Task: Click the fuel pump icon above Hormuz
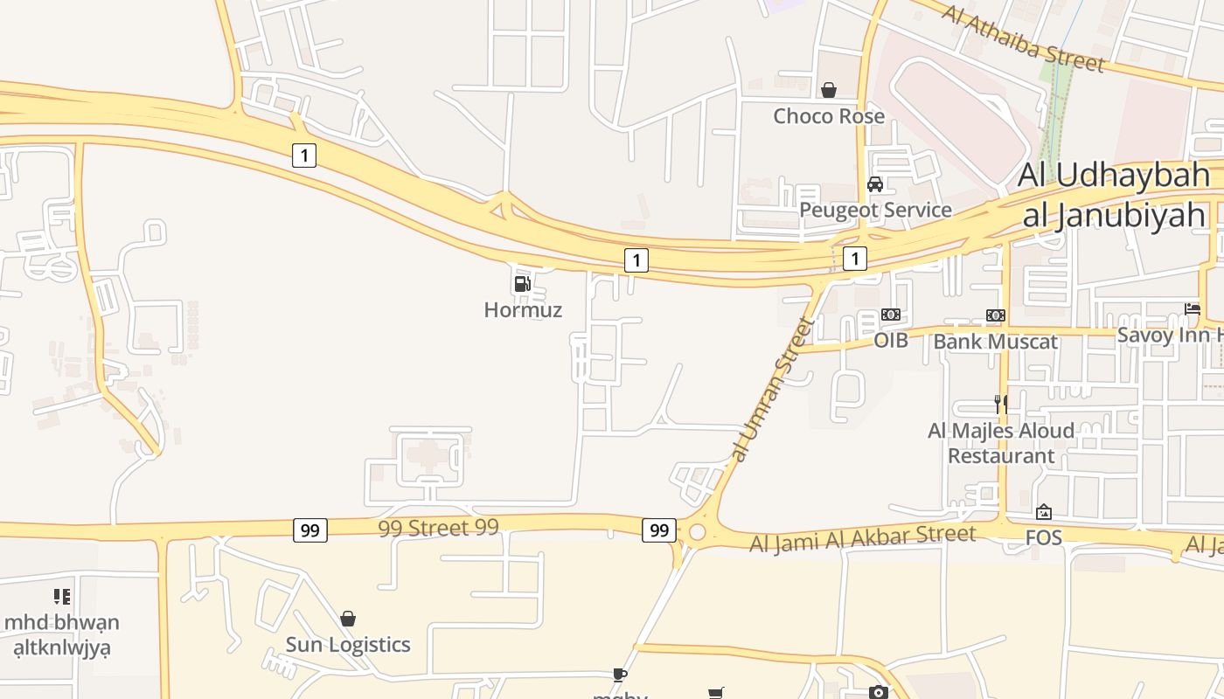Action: (x=522, y=283)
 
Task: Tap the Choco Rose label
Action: (x=828, y=116)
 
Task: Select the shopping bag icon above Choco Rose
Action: (x=828, y=90)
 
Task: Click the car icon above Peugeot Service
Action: (x=874, y=184)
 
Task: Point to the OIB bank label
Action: (x=891, y=341)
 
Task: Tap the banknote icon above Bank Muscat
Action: (x=995, y=315)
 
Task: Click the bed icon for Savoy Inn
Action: (x=1193, y=308)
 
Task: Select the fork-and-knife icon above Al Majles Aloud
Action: (x=1001, y=404)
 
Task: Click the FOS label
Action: (x=1043, y=537)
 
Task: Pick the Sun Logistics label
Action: (x=348, y=645)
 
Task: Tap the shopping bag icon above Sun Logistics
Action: (x=348, y=619)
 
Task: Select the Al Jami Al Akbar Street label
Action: (x=862, y=538)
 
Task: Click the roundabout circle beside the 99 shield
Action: (x=697, y=532)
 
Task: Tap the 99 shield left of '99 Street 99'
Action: (x=309, y=529)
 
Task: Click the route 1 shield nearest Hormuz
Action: (x=636, y=260)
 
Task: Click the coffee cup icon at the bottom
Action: (x=619, y=675)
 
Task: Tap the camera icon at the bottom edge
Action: (x=879, y=692)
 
